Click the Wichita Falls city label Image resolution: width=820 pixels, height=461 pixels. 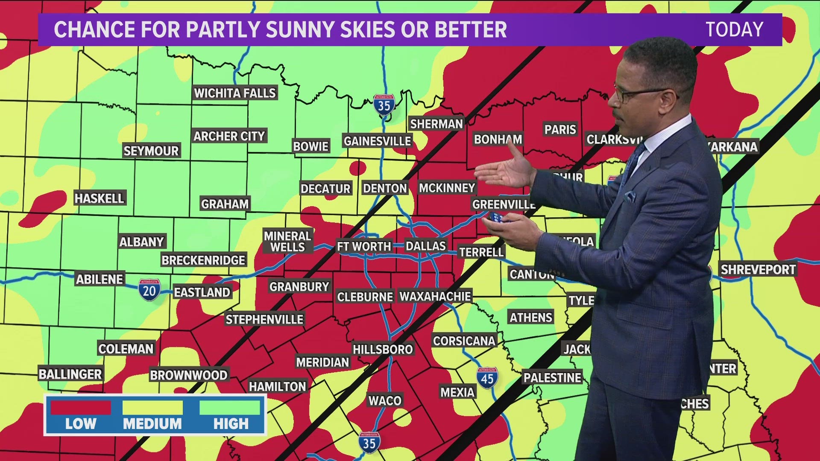(x=235, y=93)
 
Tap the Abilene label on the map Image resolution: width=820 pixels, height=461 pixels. (x=100, y=279)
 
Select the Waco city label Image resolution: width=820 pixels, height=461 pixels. (x=385, y=400)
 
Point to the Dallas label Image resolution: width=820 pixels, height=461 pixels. (x=425, y=246)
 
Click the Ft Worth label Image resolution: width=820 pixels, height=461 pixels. (x=364, y=246)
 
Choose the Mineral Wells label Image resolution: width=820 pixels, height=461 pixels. (x=287, y=242)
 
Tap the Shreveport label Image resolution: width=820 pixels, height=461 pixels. (x=758, y=270)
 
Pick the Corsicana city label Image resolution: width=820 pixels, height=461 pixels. (x=464, y=341)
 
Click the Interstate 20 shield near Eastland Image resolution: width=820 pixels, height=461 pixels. (x=149, y=290)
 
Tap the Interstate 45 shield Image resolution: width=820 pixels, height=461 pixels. (x=487, y=378)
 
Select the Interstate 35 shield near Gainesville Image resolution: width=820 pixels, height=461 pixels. (x=384, y=105)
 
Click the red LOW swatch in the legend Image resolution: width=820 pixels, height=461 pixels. (x=81, y=408)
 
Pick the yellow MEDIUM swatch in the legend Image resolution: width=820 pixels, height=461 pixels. (x=152, y=408)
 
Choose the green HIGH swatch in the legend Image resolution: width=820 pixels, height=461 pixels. (x=230, y=408)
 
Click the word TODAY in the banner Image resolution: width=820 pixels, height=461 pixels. (x=734, y=29)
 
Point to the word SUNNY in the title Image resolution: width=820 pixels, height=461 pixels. (x=307, y=29)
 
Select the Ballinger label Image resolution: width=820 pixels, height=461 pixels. (x=70, y=374)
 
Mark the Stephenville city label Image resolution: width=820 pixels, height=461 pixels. (x=264, y=319)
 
